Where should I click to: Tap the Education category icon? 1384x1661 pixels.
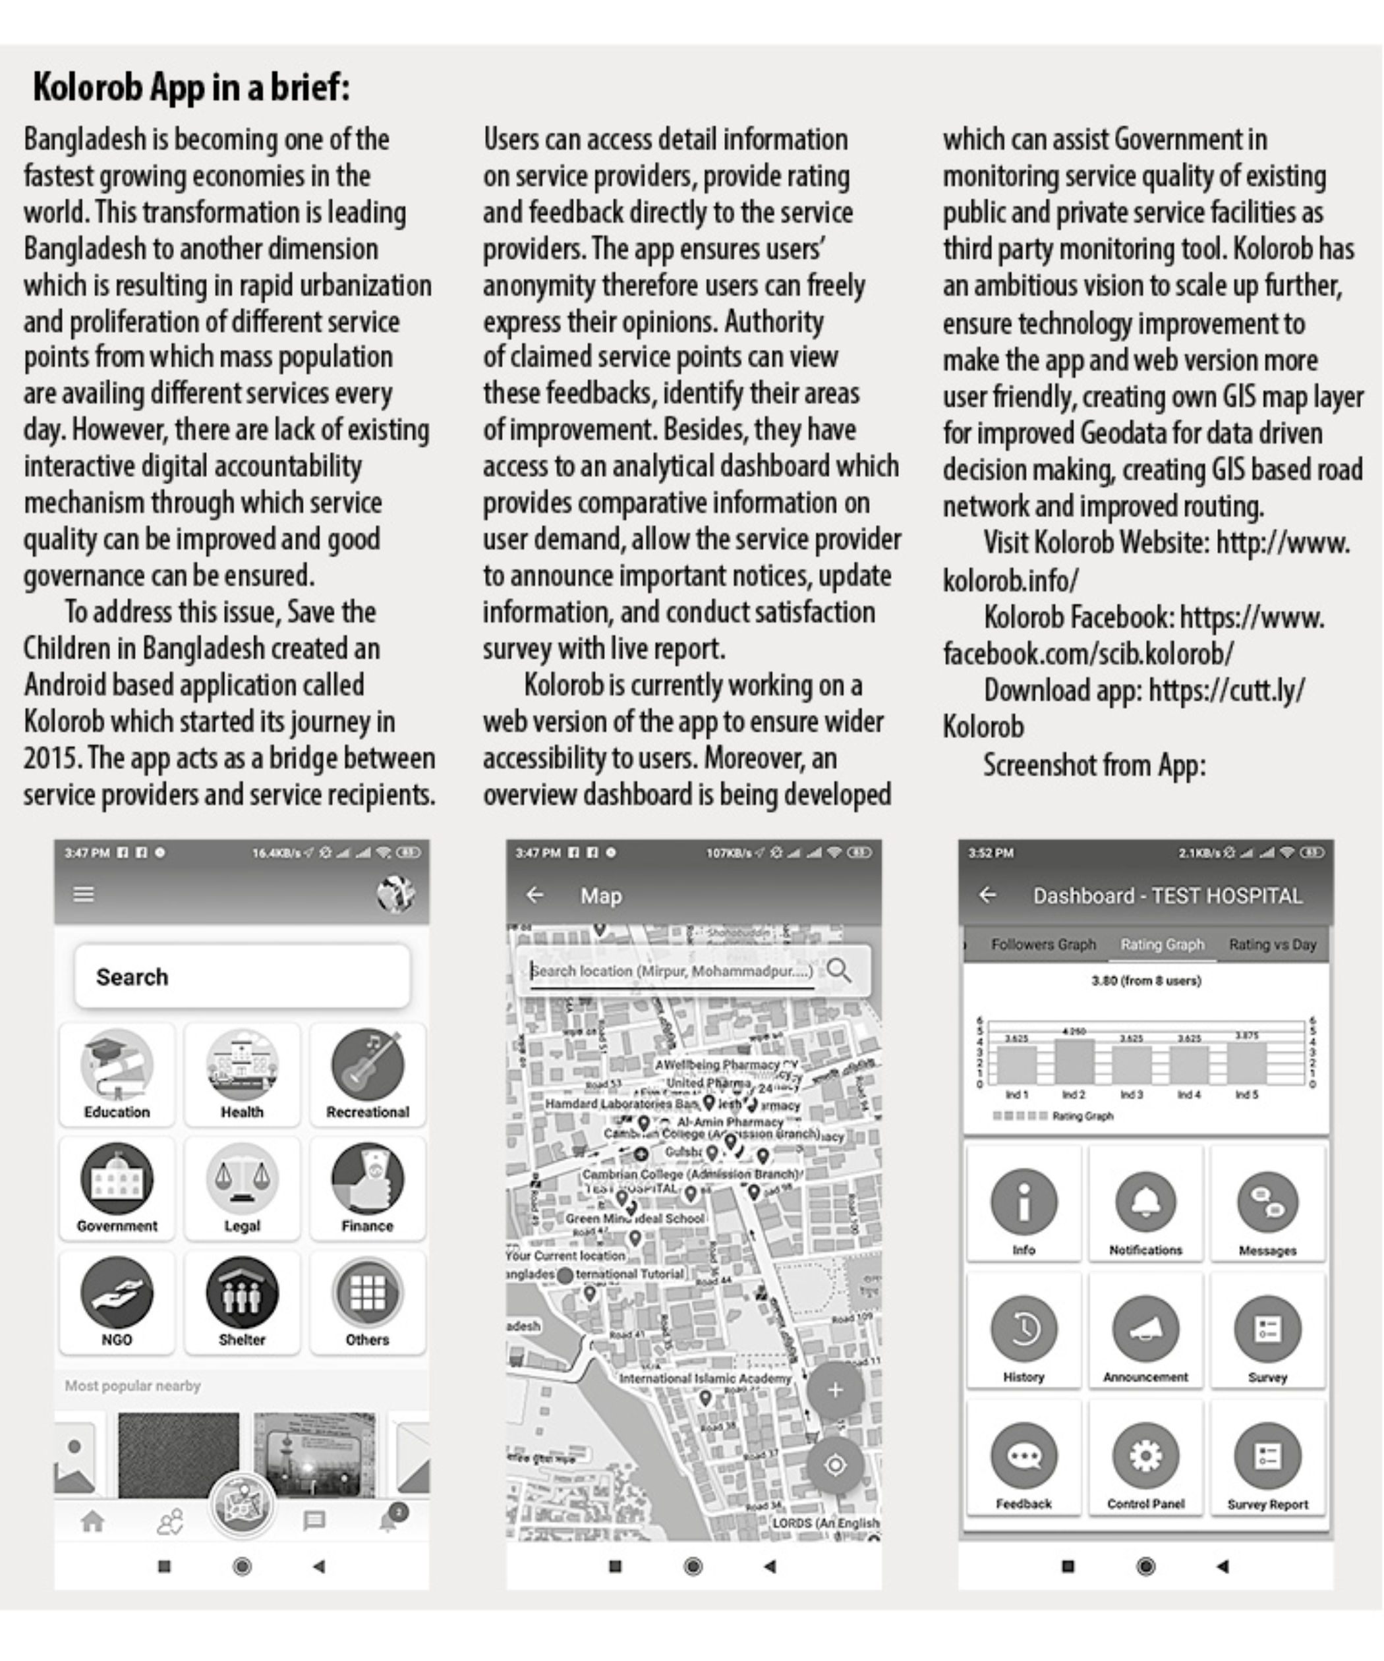click(x=117, y=1065)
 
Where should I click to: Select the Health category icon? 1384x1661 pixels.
click(x=241, y=1065)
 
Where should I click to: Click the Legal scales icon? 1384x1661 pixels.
click(x=241, y=1179)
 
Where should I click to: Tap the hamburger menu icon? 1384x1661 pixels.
click(x=84, y=894)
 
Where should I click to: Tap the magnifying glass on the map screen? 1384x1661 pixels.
click(x=839, y=971)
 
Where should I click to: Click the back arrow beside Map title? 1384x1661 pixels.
click(x=535, y=895)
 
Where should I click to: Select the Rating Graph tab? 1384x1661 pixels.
click(x=1162, y=944)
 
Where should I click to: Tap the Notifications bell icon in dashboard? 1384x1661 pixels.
click(x=1145, y=1202)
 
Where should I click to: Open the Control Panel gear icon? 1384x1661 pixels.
click(x=1145, y=1455)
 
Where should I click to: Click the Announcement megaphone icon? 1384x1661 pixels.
click(x=1145, y=1329)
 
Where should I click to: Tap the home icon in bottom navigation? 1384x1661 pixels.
click(x=92, y=1520)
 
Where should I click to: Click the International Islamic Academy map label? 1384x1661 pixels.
click(x=705, y=1378)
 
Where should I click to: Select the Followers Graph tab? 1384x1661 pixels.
click(x=1043, y=944)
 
